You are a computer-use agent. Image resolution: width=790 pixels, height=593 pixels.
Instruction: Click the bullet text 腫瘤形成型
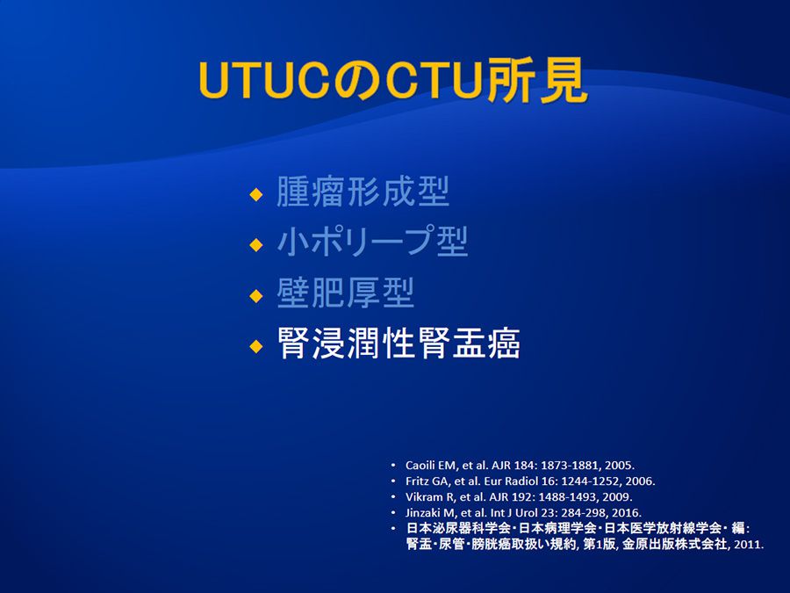tap(363, 192)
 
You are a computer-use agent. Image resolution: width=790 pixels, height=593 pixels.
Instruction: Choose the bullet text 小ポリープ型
tap(372, 241)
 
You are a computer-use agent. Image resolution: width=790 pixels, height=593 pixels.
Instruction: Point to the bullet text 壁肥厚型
tap(345, 293)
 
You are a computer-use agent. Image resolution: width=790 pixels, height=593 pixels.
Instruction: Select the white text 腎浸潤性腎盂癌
tap(399, 343)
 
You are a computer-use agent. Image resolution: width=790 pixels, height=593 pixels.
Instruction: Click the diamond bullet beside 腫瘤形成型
tap(256, 194)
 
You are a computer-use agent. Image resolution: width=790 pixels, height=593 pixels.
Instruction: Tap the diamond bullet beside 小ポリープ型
tap(256, 244)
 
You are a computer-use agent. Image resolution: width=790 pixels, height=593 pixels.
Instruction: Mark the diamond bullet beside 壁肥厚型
tap(256, 295)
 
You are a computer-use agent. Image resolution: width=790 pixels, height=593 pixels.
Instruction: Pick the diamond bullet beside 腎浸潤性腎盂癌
tap(256, 346)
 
